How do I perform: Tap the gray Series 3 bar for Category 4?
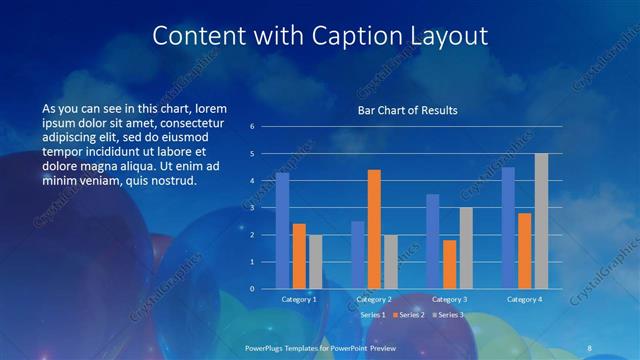(x=541, y=221)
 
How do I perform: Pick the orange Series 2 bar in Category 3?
(x=449, y=264)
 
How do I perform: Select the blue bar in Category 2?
(x=358, y=255)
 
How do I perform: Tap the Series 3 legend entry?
(x=447, y=315)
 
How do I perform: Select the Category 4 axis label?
(x=524, y=299)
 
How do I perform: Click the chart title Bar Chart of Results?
(x=408, y=111)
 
